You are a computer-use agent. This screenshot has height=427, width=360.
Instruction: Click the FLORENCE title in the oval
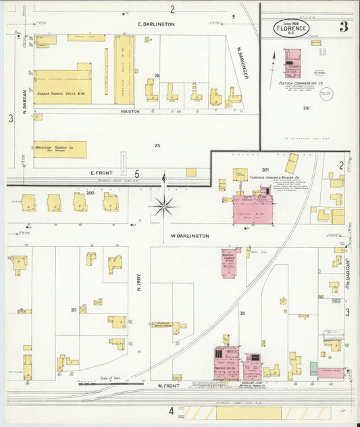(x=291, y=29)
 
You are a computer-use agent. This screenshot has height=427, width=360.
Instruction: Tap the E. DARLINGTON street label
(x=156, y=24)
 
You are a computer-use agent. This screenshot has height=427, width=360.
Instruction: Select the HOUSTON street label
(x=130, y=111)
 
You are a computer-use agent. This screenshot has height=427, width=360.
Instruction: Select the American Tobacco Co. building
(x=60, y=149)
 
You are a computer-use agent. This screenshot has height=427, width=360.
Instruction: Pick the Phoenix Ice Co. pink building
(x=227, y=363)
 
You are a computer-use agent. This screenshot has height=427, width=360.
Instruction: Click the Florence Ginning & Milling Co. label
(x=276, y=178)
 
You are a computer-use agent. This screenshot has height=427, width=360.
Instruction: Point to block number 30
(x=73, y=310)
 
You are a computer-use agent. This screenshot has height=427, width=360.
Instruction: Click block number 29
(x=241, y=313)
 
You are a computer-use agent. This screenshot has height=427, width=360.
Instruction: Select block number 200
(x=90, y=193)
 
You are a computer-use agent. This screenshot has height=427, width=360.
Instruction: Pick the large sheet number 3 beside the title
(x=344, y=27)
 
